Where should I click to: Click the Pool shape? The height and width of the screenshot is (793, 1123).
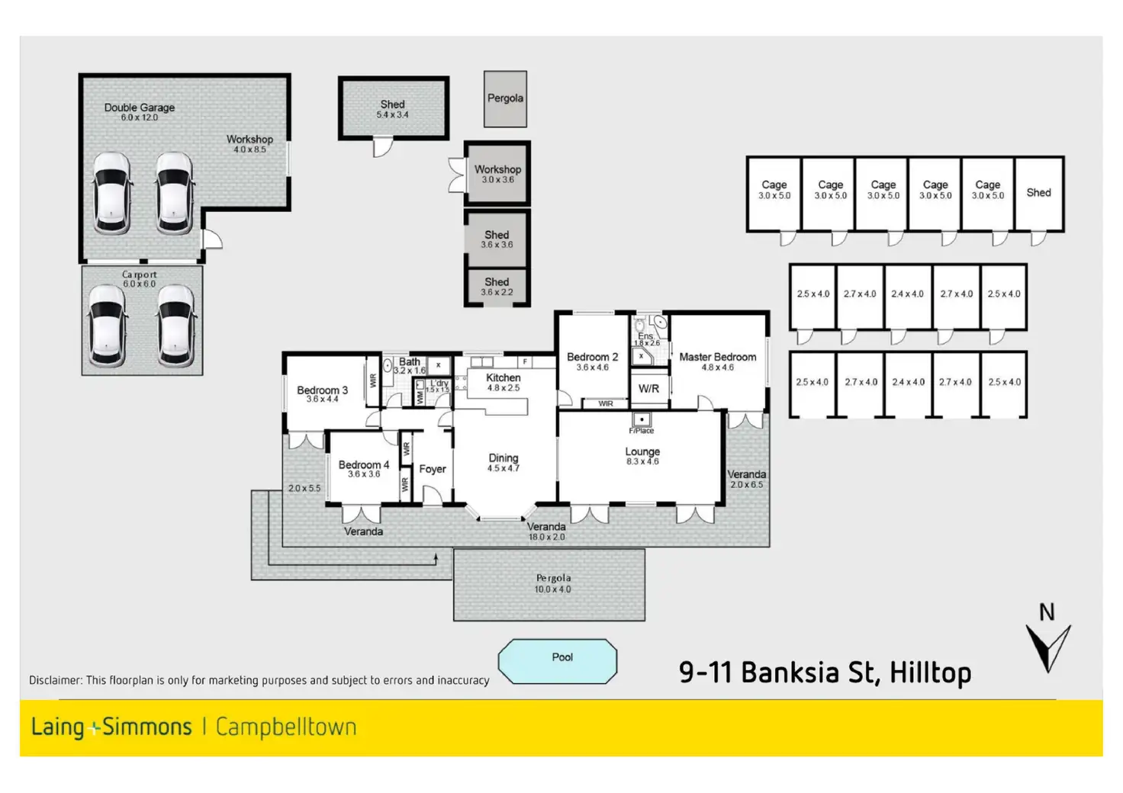click(557, 660)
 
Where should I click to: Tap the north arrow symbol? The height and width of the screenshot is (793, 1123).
click(1047, 645)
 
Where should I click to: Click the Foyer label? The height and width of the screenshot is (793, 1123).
click(432, 469)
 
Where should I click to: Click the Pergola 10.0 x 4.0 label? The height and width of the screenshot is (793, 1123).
click(552, 583)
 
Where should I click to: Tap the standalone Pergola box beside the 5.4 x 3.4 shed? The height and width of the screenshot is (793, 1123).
click(505, 99)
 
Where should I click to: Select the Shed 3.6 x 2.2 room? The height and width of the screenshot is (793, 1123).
click(497, 287)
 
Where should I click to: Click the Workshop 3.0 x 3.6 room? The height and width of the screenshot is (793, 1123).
click(497, 174)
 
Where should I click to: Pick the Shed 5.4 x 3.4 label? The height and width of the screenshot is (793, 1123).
click(392, 109)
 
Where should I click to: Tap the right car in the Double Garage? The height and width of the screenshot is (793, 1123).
click(174, 192)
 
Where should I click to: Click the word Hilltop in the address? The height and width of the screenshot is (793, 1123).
click(930, 673)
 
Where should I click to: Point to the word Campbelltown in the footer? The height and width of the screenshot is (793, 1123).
click(286, 727)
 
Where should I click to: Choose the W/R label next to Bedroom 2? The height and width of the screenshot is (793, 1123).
click(648, 389)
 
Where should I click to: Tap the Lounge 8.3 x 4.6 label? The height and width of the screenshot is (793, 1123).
click(642, 456)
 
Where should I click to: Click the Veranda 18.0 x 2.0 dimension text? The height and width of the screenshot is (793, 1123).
click(547, 537)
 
